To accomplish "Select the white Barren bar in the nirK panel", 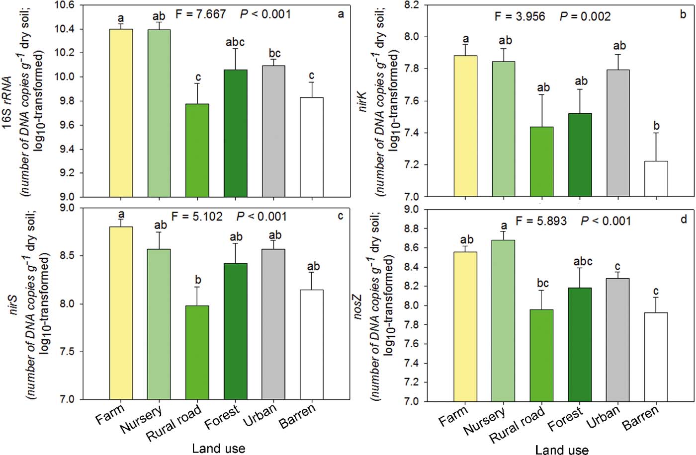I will pos(656,179).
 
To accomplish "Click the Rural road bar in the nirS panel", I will pos(197,352).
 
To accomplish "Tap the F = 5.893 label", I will pos(541,221).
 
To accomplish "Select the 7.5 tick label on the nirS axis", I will pos(68,352).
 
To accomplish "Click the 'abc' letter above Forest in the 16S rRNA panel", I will pos(235,42).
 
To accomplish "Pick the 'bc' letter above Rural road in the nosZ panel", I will pos(542,283).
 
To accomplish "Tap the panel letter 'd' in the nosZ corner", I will pos(684,219).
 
